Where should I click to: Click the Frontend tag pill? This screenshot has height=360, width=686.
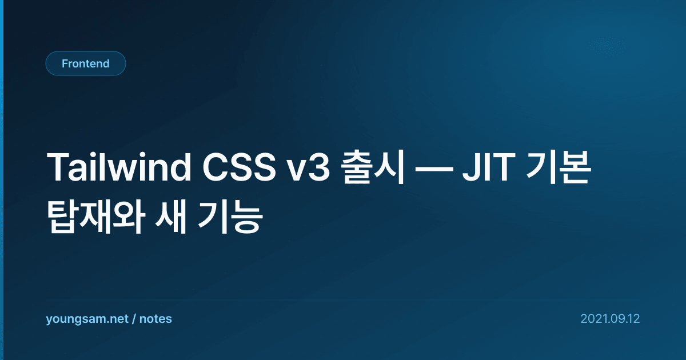[x=86, y=63]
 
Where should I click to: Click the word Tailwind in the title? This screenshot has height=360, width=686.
[x=119, y=167]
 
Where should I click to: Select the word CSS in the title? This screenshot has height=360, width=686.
[x=239, y=167]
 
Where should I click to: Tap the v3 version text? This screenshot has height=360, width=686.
[x=308, y=168]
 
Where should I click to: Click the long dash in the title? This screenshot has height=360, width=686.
[x=434, y=169]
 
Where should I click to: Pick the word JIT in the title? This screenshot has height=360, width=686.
[x=489, y=167]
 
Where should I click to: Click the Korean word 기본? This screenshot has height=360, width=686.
[x=558, y=167]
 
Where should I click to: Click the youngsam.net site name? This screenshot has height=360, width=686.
[x=87, y=319]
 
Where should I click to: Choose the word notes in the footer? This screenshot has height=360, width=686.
[x=155, y=319]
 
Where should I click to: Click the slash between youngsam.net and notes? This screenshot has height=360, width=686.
[x=134, y=319]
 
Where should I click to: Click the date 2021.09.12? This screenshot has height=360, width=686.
[x=610, y=319]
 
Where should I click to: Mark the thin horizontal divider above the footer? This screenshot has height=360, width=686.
[x=342, y=301]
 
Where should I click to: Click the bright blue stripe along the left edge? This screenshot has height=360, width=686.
[x=2, y=180]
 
